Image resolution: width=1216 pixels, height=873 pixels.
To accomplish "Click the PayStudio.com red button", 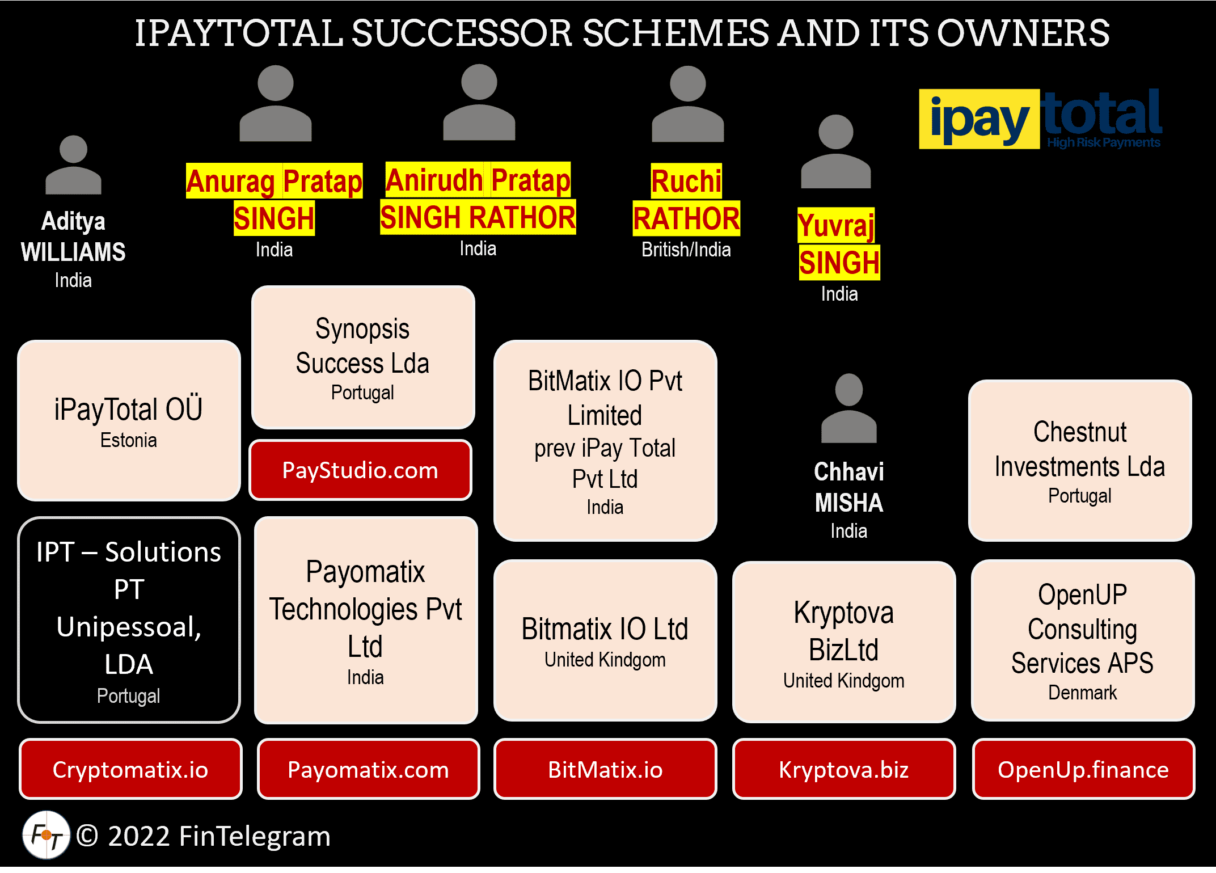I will click(360, 470).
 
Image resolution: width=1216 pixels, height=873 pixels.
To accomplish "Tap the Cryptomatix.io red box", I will click(130, 769).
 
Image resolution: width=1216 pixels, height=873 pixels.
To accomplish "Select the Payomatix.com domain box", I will click(368, 769).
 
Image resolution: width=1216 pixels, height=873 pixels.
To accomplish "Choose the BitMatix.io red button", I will click(605, 769).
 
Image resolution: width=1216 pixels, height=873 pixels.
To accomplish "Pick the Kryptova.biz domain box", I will click(843, 769).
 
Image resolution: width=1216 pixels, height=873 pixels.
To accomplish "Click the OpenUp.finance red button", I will click(1083, 769).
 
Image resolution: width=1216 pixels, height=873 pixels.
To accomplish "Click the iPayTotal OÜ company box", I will click(129, 420).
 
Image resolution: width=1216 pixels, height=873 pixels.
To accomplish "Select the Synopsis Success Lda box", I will click(362, 357).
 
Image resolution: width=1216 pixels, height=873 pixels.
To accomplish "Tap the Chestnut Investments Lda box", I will click(1080, 461).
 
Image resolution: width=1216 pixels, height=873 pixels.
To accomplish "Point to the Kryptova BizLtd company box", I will click(843, 642).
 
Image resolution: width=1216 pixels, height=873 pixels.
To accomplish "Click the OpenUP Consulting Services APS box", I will click(1082, 640).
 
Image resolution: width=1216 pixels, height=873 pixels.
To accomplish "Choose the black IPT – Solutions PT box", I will click(129, 620).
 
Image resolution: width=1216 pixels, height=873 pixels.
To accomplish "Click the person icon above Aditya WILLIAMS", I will click(73, 165).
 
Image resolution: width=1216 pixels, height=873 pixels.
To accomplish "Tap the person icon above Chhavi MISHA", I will click(848, 408).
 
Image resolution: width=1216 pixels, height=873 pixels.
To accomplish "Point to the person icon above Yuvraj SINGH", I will click(835, 152).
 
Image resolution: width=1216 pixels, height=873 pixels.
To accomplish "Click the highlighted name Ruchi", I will click(686, 182).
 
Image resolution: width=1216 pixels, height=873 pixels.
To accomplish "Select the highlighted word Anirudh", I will click(434, 180).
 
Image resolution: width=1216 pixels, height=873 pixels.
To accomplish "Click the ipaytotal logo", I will click(1040, 119).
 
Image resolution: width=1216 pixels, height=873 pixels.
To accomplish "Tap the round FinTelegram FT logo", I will click(46, 835).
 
